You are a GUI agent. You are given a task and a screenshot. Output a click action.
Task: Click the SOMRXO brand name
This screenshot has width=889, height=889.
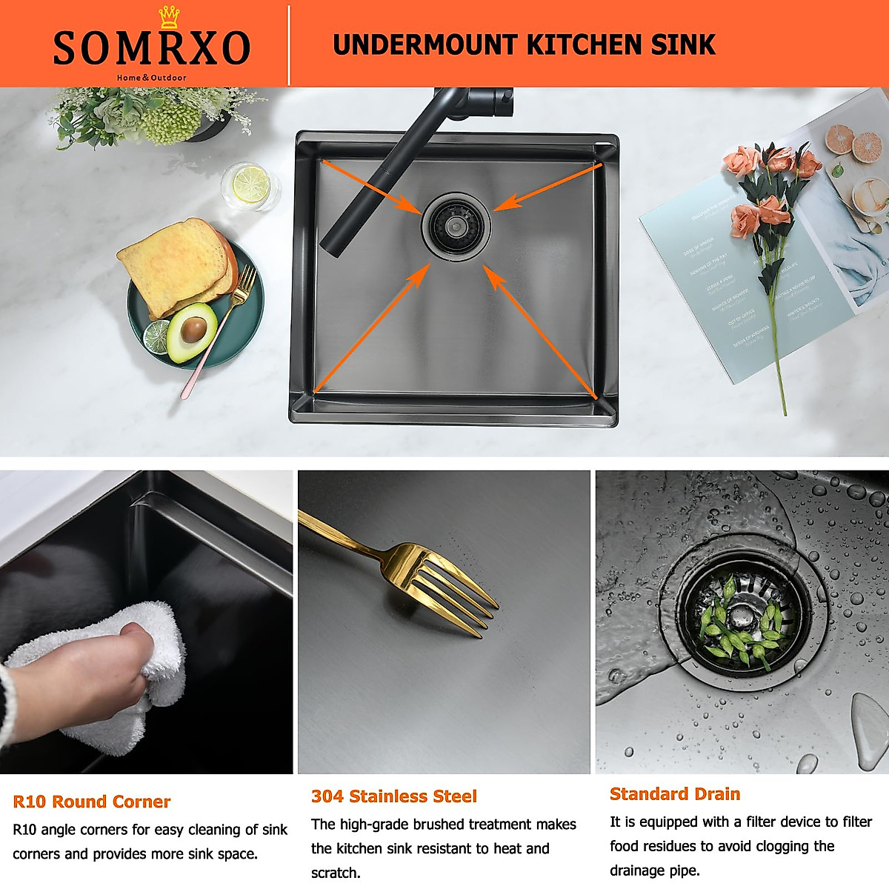[151, 48]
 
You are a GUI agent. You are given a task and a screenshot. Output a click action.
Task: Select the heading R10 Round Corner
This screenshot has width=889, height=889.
[92, 802]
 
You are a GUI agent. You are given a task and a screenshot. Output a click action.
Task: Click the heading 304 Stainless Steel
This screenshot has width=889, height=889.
[394, 796]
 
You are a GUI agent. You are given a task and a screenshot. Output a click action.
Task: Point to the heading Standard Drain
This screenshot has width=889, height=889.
[675, 794]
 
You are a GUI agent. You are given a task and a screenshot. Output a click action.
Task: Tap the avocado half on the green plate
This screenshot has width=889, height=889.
[191, 330]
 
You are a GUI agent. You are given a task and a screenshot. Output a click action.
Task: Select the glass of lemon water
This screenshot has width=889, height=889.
[250, 185]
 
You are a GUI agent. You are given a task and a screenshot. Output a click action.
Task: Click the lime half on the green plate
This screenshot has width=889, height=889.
[157, 336]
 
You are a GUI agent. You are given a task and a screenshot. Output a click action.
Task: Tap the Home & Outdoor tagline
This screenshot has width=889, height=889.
[151, 77]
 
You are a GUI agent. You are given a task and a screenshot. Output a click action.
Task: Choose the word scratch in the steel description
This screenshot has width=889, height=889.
[336, 873]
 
